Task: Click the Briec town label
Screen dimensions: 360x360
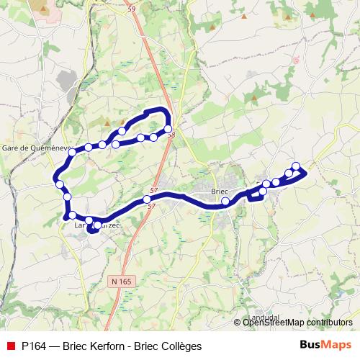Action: point(219,191)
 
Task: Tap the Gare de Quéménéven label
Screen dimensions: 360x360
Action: point(35,148)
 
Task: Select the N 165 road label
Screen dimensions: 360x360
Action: point(123,281)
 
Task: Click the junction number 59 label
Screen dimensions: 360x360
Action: point(131,9)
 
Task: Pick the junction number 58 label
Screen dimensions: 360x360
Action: point(171,135)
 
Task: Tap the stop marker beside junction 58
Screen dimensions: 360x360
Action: point(168,129)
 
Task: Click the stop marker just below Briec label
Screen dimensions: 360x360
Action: point(225,202)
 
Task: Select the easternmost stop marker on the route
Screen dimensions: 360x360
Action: point(296,166)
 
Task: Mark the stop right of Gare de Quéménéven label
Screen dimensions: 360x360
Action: point(72,151)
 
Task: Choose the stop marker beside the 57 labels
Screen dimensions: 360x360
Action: point(147,199)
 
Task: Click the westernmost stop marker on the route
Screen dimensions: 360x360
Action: point(59,184)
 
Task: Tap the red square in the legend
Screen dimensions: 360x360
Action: point(10,346)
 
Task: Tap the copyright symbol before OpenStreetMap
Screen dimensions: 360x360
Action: point(238,323)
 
